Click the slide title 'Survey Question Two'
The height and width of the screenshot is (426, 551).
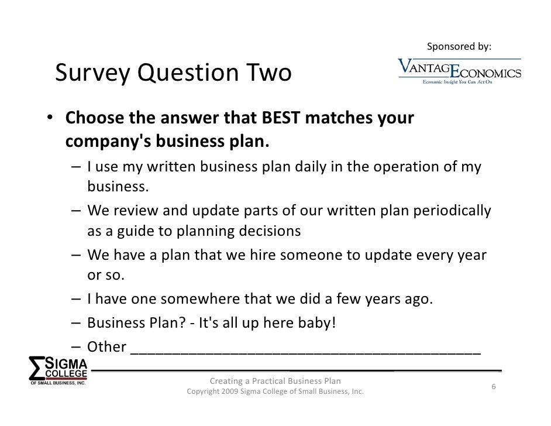coord(173,74)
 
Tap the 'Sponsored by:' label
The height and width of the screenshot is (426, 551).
coord(459,46)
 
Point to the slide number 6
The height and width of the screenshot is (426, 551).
coord(494,387)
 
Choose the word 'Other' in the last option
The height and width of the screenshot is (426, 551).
coord(106,346)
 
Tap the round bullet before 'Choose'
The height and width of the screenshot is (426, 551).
coord(51,119)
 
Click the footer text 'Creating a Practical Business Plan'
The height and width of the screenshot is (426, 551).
coord(275,382)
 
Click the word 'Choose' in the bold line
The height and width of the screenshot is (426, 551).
coord(95,119)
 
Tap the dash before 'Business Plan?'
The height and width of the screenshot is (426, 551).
coord(77,323)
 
